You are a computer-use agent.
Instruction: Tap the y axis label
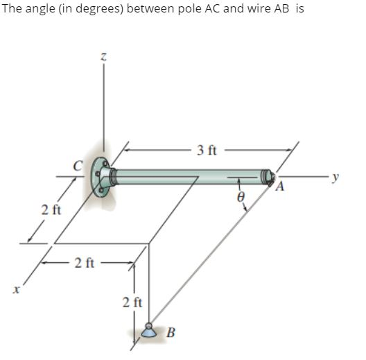pos(336,177)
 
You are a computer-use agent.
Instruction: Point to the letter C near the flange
pos(79,165)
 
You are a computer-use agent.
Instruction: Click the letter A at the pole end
pos(281,186)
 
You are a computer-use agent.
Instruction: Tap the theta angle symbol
pos(240,198)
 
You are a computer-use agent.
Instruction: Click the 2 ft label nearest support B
pos(132,302)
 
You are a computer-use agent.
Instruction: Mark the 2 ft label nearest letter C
pos(50,209)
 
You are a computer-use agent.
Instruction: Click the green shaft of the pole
pos(187,177)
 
